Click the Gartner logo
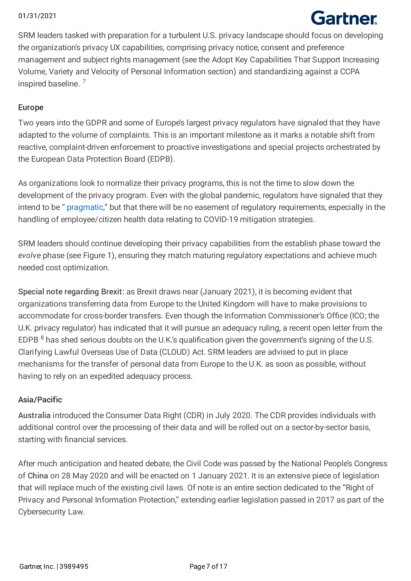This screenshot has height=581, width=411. [344, 18]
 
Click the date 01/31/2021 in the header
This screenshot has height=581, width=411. [37, 16]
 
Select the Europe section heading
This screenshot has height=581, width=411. [31, 108]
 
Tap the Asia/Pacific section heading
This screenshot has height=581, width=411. [40, 400]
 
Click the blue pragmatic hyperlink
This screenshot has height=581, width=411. [85, 207]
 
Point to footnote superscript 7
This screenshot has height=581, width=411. [84, 81]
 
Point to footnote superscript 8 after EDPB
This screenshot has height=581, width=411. [42, 338]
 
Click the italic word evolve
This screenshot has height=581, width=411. [29, 256]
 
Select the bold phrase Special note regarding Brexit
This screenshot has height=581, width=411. [70, 292]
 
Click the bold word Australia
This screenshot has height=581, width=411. [34, 415]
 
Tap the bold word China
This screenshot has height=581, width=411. [38, 476]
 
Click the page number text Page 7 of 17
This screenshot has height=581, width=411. [208, 566]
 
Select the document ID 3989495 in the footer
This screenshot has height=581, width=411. [74, 566]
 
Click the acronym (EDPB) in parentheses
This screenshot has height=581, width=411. [161, 159]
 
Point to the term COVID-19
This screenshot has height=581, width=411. [221, 219]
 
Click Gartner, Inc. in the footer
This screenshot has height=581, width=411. [37, 566]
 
